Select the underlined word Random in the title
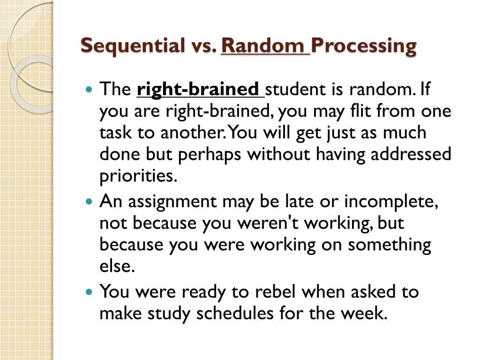point(262,46)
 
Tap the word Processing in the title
point(364,46)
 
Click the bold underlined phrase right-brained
point(198,89)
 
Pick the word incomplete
point(391,202)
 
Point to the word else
point(117,266)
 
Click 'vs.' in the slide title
point(203,46)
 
